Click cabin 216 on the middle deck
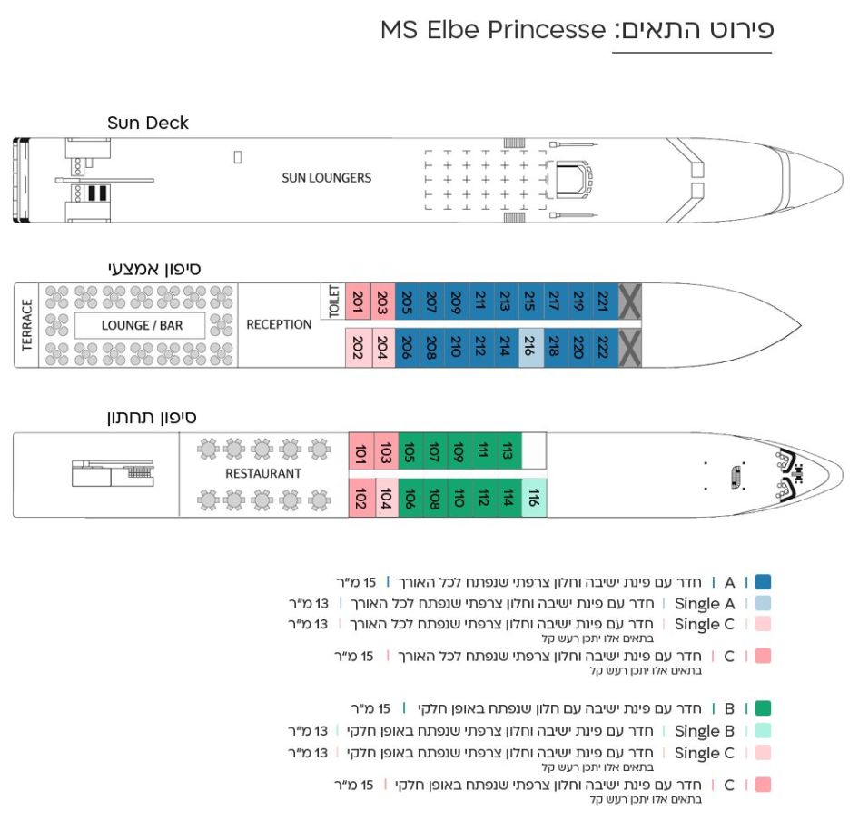[x=530, y=347]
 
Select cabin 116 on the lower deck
[x=535, y=497]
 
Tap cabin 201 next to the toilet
[x=359, y=301]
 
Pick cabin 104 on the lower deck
[x=385, y=497]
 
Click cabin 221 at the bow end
[x=604, y=301]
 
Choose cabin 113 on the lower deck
[x=508, y=450]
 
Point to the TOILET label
[x=332, y=301]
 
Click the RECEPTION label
[x=279, y=324]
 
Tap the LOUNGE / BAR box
[x=142, y=325]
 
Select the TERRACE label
[x=27, y=324]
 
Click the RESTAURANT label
[x=262, y=473]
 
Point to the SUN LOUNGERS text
[x=326, y=178]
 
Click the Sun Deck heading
[x=148, y=123]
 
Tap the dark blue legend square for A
[x=762, y=582]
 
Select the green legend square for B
[x=762, y=708]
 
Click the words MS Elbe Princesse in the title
[x=492, y=30]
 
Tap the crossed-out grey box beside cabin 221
[x=629, y=301]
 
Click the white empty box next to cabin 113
[x=535, y=450]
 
